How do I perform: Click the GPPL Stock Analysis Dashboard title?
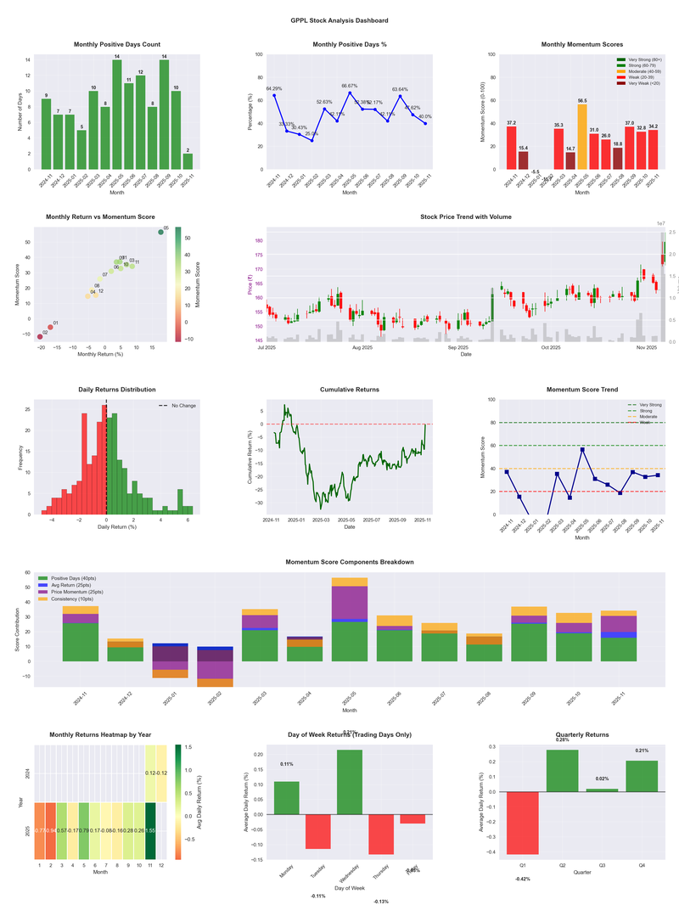339,20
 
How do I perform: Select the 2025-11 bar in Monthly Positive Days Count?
188,160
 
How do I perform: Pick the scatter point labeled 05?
160,232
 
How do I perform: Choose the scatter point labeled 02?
39,337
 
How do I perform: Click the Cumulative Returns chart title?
350,390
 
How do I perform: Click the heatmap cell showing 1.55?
151,830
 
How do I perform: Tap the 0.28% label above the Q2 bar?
563,739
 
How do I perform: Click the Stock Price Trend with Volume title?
466,217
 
